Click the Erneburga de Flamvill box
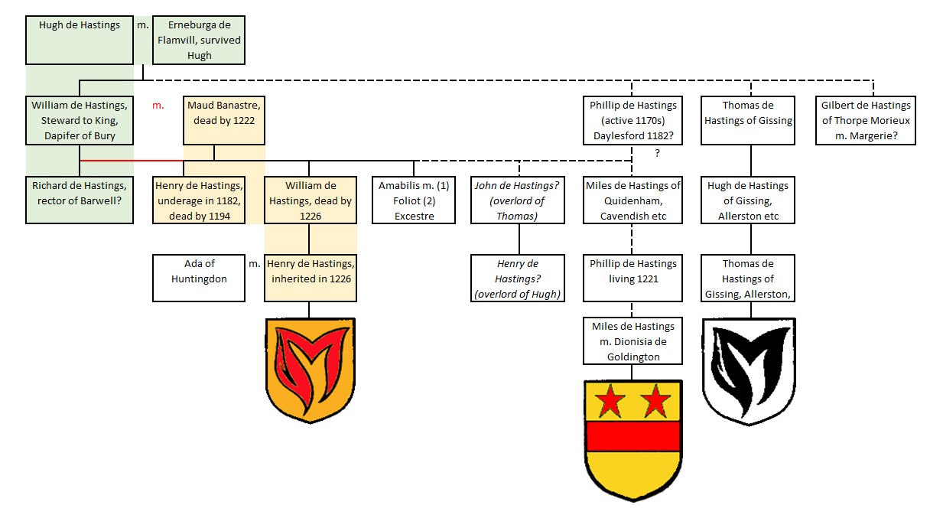pyautogui.click(x=199, y=40)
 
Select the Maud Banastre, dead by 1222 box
pyautogui.click(x=224, y=120)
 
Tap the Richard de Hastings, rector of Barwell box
pyautogui.click(x=80, y=200)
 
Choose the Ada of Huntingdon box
pyautogui.click(x=199, y=279)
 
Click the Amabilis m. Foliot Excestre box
pyautogui.click(x=414, y=200)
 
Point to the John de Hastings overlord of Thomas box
pyautogui.click(x=519, y=200)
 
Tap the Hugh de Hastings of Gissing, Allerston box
pyautogui.click(x=748, y=200)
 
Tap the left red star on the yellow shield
pyautogui.click(x=610, y=399)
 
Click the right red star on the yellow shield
pyautogui.click(x=655, y=399)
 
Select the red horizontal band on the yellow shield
pyautogui.click(x=632, y=435)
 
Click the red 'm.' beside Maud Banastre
pyautogui.click(x=158, y=105)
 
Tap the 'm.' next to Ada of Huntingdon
pyautogui.click(x=255, y=263)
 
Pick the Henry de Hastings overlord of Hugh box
pyautogui.click(x=519, y=279)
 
